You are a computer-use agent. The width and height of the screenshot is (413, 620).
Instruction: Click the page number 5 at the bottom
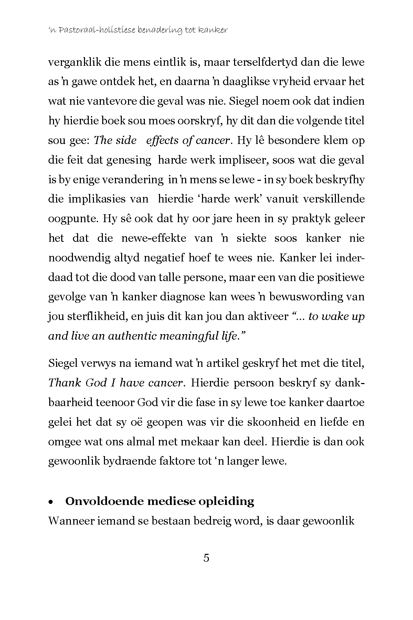coord(206,558)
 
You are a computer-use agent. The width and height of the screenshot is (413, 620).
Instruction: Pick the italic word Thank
coord(65,383)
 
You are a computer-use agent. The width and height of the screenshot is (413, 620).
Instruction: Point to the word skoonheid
coord(268,422)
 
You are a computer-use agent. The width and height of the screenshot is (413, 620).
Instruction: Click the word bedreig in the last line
coord(208,521)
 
